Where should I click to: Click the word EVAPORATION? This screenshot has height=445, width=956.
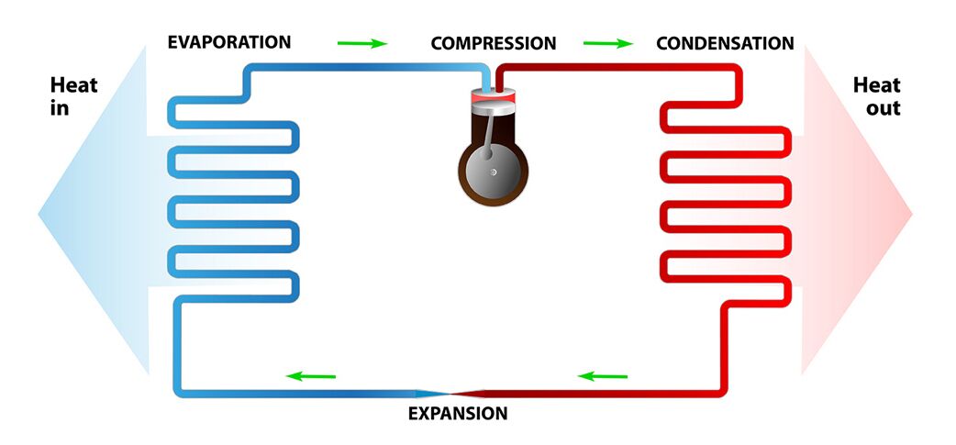(228, 42)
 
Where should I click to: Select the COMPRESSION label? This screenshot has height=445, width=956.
(493, 44)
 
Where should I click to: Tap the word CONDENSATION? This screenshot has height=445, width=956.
(725, 44)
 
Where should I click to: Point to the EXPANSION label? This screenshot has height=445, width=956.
(457, 414)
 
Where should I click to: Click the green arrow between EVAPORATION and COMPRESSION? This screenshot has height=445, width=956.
(361, 43)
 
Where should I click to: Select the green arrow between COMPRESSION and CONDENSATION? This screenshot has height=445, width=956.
(607, 43)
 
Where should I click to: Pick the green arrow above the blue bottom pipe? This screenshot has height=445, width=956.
(311, 376)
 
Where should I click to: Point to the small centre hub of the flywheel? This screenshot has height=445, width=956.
(493, 172)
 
